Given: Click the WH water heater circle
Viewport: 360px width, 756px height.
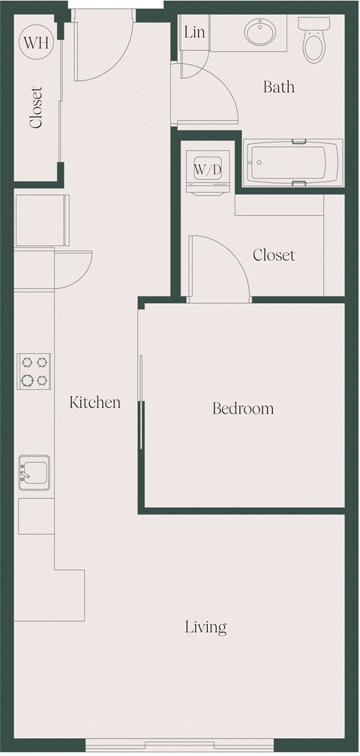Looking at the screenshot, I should pyautogui.click(x=35, y=41).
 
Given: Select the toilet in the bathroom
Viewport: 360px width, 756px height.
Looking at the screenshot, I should pyautogui.click(x=312, y=42).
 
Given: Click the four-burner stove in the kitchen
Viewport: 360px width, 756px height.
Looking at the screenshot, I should pyautogui.click(x=34, y=370).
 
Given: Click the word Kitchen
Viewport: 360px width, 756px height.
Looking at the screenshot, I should pyautogui.click(x=95, y=403).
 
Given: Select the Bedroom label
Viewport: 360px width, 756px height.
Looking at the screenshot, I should pyautogui.click(x=242, y=409).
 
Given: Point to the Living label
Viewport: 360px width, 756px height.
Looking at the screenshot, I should pyautogui.click(x=206, y=627).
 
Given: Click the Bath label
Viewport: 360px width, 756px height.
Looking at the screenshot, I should pyautogui.click(x=278, y=88).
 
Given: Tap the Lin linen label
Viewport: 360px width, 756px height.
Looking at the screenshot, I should pyautogui.click(x=194, y=31).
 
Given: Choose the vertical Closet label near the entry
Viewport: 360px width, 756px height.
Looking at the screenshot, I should pyautogui.click(x=36, y=107).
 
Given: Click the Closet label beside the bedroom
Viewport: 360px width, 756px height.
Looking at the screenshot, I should pyautogui.click(x=274, y=255).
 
